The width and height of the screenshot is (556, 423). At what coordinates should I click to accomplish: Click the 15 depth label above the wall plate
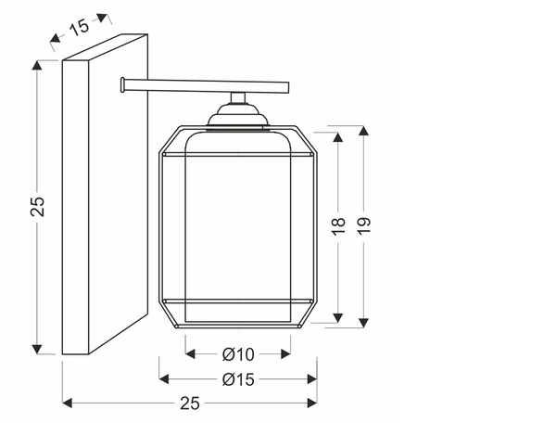point(80,27)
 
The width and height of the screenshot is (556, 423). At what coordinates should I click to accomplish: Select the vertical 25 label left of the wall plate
point(37,206)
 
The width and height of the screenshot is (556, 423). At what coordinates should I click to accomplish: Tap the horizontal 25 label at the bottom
point(190,403)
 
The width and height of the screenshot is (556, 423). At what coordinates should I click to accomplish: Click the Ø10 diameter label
point(238,353)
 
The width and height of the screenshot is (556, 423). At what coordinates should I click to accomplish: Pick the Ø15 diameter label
point(238,378)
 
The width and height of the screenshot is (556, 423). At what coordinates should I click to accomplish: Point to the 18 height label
point(338,224)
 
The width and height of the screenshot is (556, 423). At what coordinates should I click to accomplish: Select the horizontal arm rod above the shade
point(208,87)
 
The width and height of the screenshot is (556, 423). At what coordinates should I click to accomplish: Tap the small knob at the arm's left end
point(122,87)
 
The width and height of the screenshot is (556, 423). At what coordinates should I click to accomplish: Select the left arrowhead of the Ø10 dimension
point(191,353)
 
